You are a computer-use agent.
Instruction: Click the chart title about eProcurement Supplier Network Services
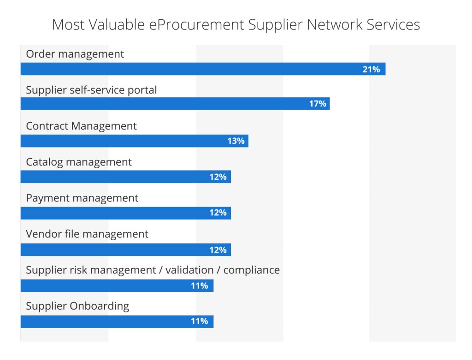[x=236, y=24]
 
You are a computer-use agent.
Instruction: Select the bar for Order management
[x=203, y=69]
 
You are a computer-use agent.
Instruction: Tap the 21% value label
[x=371, y=69]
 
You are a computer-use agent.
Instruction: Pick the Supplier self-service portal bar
[x=175, y=104]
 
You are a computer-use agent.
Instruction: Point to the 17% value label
[x=318, y=104]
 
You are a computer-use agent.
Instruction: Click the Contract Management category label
[x=81, y=126]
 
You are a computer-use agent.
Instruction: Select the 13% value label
[x=236, y=141]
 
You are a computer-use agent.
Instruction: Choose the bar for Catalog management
[x=125, y=177]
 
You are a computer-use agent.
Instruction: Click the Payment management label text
[x=82, y=198]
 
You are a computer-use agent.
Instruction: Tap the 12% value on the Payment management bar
[x=218, y=212]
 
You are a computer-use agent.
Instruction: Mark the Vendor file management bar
[x=125, y=249]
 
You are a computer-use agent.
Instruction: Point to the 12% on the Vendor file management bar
[x=218, y=249]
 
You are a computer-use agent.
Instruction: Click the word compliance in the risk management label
[x=252, y=270]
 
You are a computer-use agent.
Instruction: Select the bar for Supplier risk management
[x=117, y=286]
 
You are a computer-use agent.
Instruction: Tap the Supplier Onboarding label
[x=77, y=306]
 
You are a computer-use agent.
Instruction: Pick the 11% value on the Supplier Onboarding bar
[x=200, y=321]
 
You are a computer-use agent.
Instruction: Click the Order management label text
[x=75, y=54]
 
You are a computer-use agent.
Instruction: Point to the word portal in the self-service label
[x=144, y=90]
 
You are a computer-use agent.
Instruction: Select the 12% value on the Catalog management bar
[x=218, y=177]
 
